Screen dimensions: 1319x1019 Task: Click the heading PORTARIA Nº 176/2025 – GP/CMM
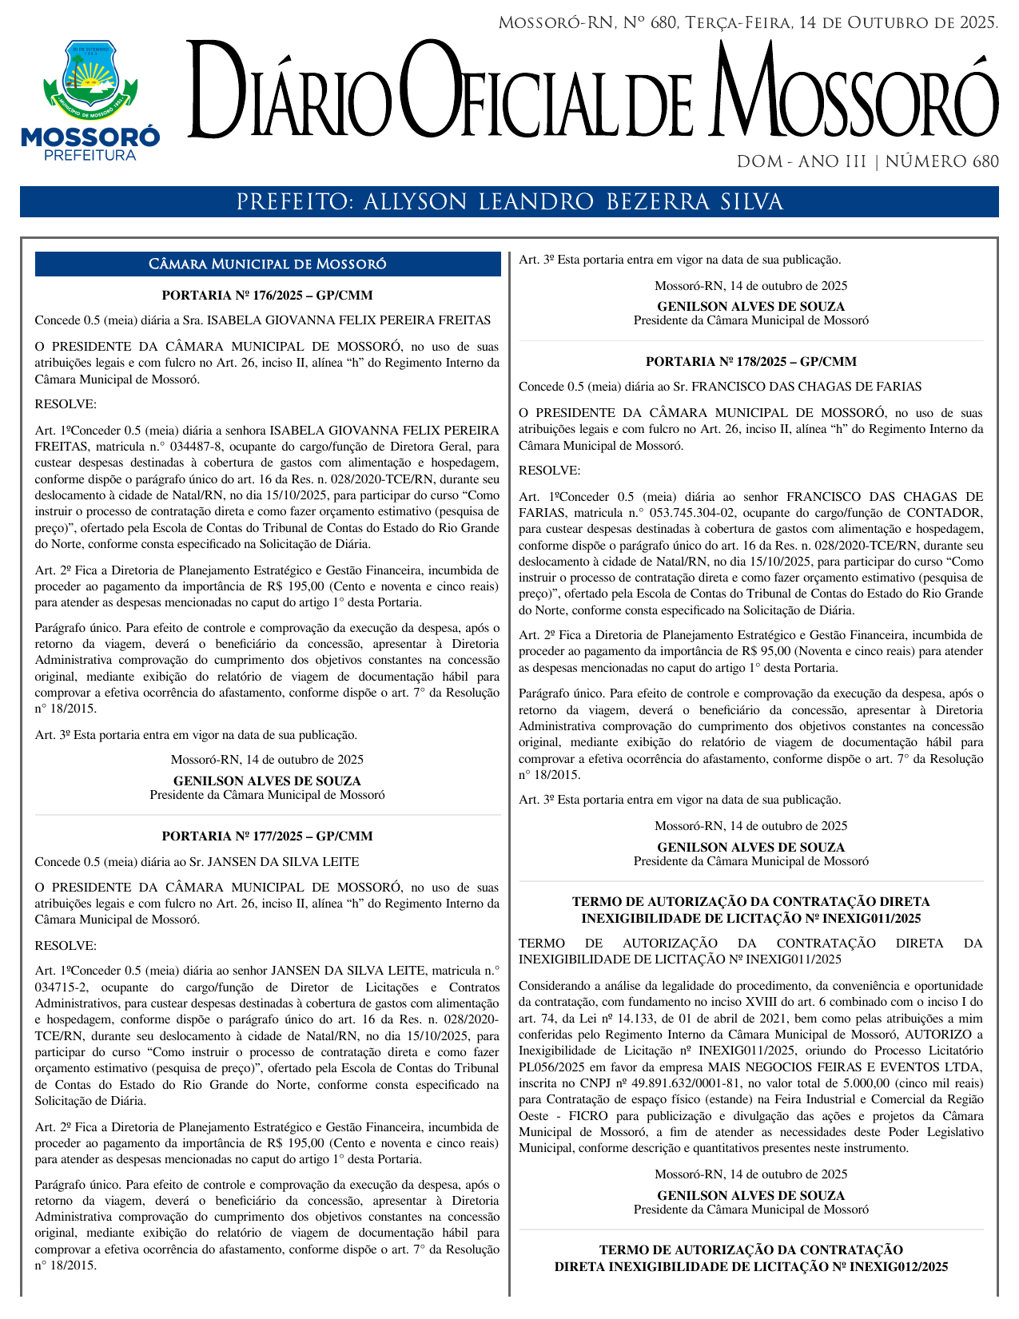(x=267, y=296)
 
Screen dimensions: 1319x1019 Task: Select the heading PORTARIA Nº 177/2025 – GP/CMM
(x=267, y=836)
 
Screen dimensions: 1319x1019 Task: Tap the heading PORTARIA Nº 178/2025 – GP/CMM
(x=750, y=362)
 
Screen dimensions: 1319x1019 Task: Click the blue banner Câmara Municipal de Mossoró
(x=267, y=264)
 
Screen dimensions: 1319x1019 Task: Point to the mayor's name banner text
(x=509, y=202)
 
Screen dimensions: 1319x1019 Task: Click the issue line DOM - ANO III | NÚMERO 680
(x=867, y=162)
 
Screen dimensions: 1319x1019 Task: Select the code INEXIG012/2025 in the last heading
(x=898, y=1266)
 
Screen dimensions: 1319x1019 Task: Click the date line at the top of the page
(x=748, y=23)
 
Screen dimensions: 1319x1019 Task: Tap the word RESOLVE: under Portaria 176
(x=66, y=404)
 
